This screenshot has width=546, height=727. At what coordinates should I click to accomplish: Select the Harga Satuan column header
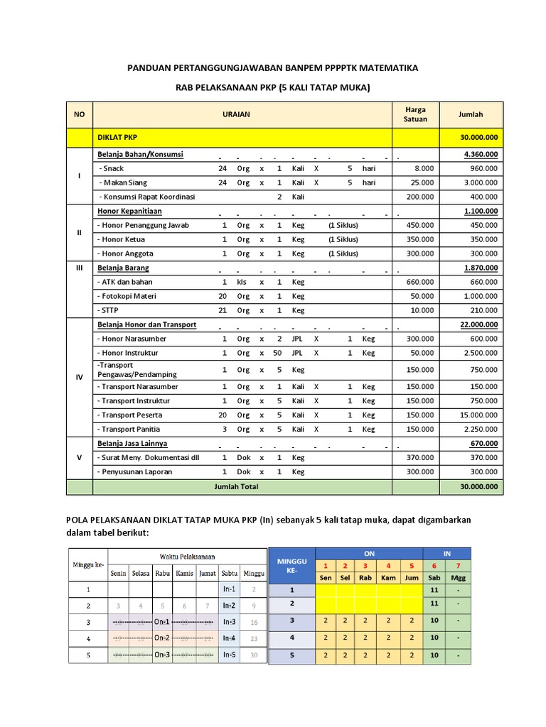pos(415,114)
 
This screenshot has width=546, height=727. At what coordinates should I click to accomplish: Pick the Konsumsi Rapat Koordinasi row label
pos(147,197)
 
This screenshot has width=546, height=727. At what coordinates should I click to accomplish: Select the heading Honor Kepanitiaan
pos(129,211)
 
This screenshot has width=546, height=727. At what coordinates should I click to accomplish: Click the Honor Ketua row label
pos(124,239)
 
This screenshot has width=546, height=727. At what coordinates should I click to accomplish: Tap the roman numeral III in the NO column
pos(79,268)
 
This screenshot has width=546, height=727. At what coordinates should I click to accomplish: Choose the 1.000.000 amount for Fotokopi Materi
pos(478,296)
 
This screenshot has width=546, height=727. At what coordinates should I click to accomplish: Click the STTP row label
pos(110,310)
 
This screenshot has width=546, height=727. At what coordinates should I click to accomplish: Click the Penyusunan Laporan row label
pos(134,471)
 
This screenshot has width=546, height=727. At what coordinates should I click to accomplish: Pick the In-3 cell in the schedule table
pos(229,622)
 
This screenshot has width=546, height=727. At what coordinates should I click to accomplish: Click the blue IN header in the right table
pos(446,553)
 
